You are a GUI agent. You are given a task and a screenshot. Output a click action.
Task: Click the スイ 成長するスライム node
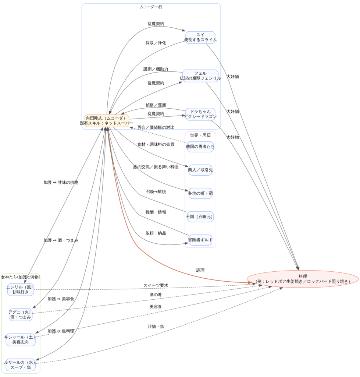(200, 37)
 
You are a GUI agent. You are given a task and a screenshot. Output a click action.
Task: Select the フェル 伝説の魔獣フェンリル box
(200, 75)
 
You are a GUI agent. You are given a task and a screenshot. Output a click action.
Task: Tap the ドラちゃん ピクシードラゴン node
(200, 114)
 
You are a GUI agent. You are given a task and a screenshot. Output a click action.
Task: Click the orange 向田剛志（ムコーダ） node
(107, 120)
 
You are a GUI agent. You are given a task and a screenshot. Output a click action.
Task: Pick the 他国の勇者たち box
(200, 147)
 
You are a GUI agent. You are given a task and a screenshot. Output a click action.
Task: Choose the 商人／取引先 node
(200, 170)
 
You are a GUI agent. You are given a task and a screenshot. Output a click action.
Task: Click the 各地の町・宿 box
(200, 193)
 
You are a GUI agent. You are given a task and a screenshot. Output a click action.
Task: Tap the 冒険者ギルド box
(200, 240)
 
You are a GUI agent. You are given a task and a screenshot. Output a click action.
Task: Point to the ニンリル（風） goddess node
(21, 289)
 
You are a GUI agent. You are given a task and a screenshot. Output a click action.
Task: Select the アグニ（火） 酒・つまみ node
(21, 314)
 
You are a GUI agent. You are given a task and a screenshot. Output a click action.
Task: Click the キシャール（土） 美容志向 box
(21, 339)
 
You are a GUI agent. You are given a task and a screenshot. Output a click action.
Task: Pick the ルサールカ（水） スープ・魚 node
(21, 364)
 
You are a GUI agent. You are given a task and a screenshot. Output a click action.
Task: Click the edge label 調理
(200, 270)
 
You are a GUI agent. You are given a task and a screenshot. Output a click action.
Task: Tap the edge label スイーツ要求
(156, 285)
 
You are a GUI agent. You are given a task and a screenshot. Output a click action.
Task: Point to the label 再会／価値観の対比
(156, 127)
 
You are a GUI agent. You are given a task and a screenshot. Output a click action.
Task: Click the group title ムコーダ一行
(151, 7)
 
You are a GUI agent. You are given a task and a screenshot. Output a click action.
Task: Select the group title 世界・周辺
(200, 135)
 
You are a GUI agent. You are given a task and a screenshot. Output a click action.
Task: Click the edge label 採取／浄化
(156, 43)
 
